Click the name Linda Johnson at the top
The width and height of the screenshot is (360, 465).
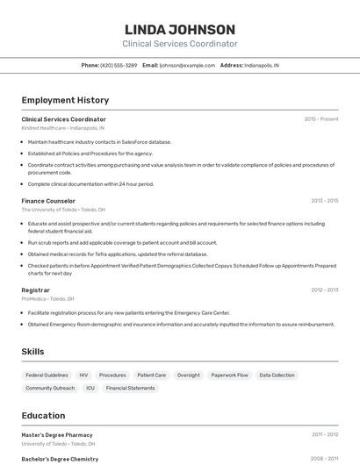[180, 29]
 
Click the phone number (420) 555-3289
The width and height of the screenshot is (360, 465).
[119, 65]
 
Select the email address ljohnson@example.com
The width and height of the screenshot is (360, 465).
[186, 65]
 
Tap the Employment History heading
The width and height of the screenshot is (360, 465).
[65, 100]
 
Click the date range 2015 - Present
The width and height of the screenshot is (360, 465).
[321, 118]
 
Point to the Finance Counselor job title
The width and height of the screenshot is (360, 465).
[48, 201]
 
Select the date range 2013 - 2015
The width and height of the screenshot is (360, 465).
[324, 201]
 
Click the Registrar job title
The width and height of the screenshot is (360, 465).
[35, 290]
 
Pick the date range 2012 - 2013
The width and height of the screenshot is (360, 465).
[324, 290]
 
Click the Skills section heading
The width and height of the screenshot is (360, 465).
[32, 351]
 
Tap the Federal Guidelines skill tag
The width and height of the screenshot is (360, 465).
[47, 375]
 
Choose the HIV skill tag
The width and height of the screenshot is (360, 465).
[83, 375]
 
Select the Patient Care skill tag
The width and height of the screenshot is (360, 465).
[152, 375]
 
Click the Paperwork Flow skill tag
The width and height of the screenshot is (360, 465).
[229, 375]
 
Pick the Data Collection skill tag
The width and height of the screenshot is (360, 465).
[277, 375]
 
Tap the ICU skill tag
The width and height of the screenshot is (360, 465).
[90, 388]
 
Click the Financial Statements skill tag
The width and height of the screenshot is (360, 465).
[130, 388]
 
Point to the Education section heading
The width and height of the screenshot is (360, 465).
[43, 415]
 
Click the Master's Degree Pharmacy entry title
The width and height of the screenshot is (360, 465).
[57, 434]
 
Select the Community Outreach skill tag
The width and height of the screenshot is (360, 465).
[50, 388]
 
